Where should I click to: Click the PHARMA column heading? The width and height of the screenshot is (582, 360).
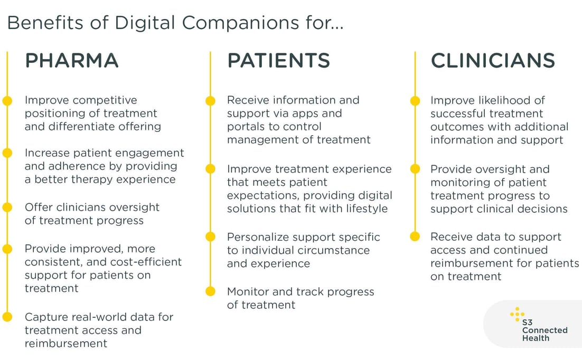(x=72, y=61)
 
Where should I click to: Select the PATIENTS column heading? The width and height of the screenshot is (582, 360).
(x=278, y=61)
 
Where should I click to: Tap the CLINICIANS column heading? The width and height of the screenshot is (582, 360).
(x=493, y=61)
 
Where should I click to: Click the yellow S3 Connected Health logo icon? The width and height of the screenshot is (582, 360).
(x=517, y=315)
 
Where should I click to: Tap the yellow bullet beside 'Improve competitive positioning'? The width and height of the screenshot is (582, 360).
(x=7, y=100)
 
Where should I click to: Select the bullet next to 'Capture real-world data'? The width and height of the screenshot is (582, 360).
(x=7, y=317)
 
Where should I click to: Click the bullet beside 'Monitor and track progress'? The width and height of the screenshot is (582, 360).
(x=210, y=291)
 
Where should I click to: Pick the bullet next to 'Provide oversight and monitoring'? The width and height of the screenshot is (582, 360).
(x=415, y=169)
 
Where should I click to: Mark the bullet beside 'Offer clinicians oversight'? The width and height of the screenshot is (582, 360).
(x=7, y=207)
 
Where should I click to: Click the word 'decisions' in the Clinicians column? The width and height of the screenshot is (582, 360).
(x=541, y=209)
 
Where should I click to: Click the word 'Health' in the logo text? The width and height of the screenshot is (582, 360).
(x=536, y=338)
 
